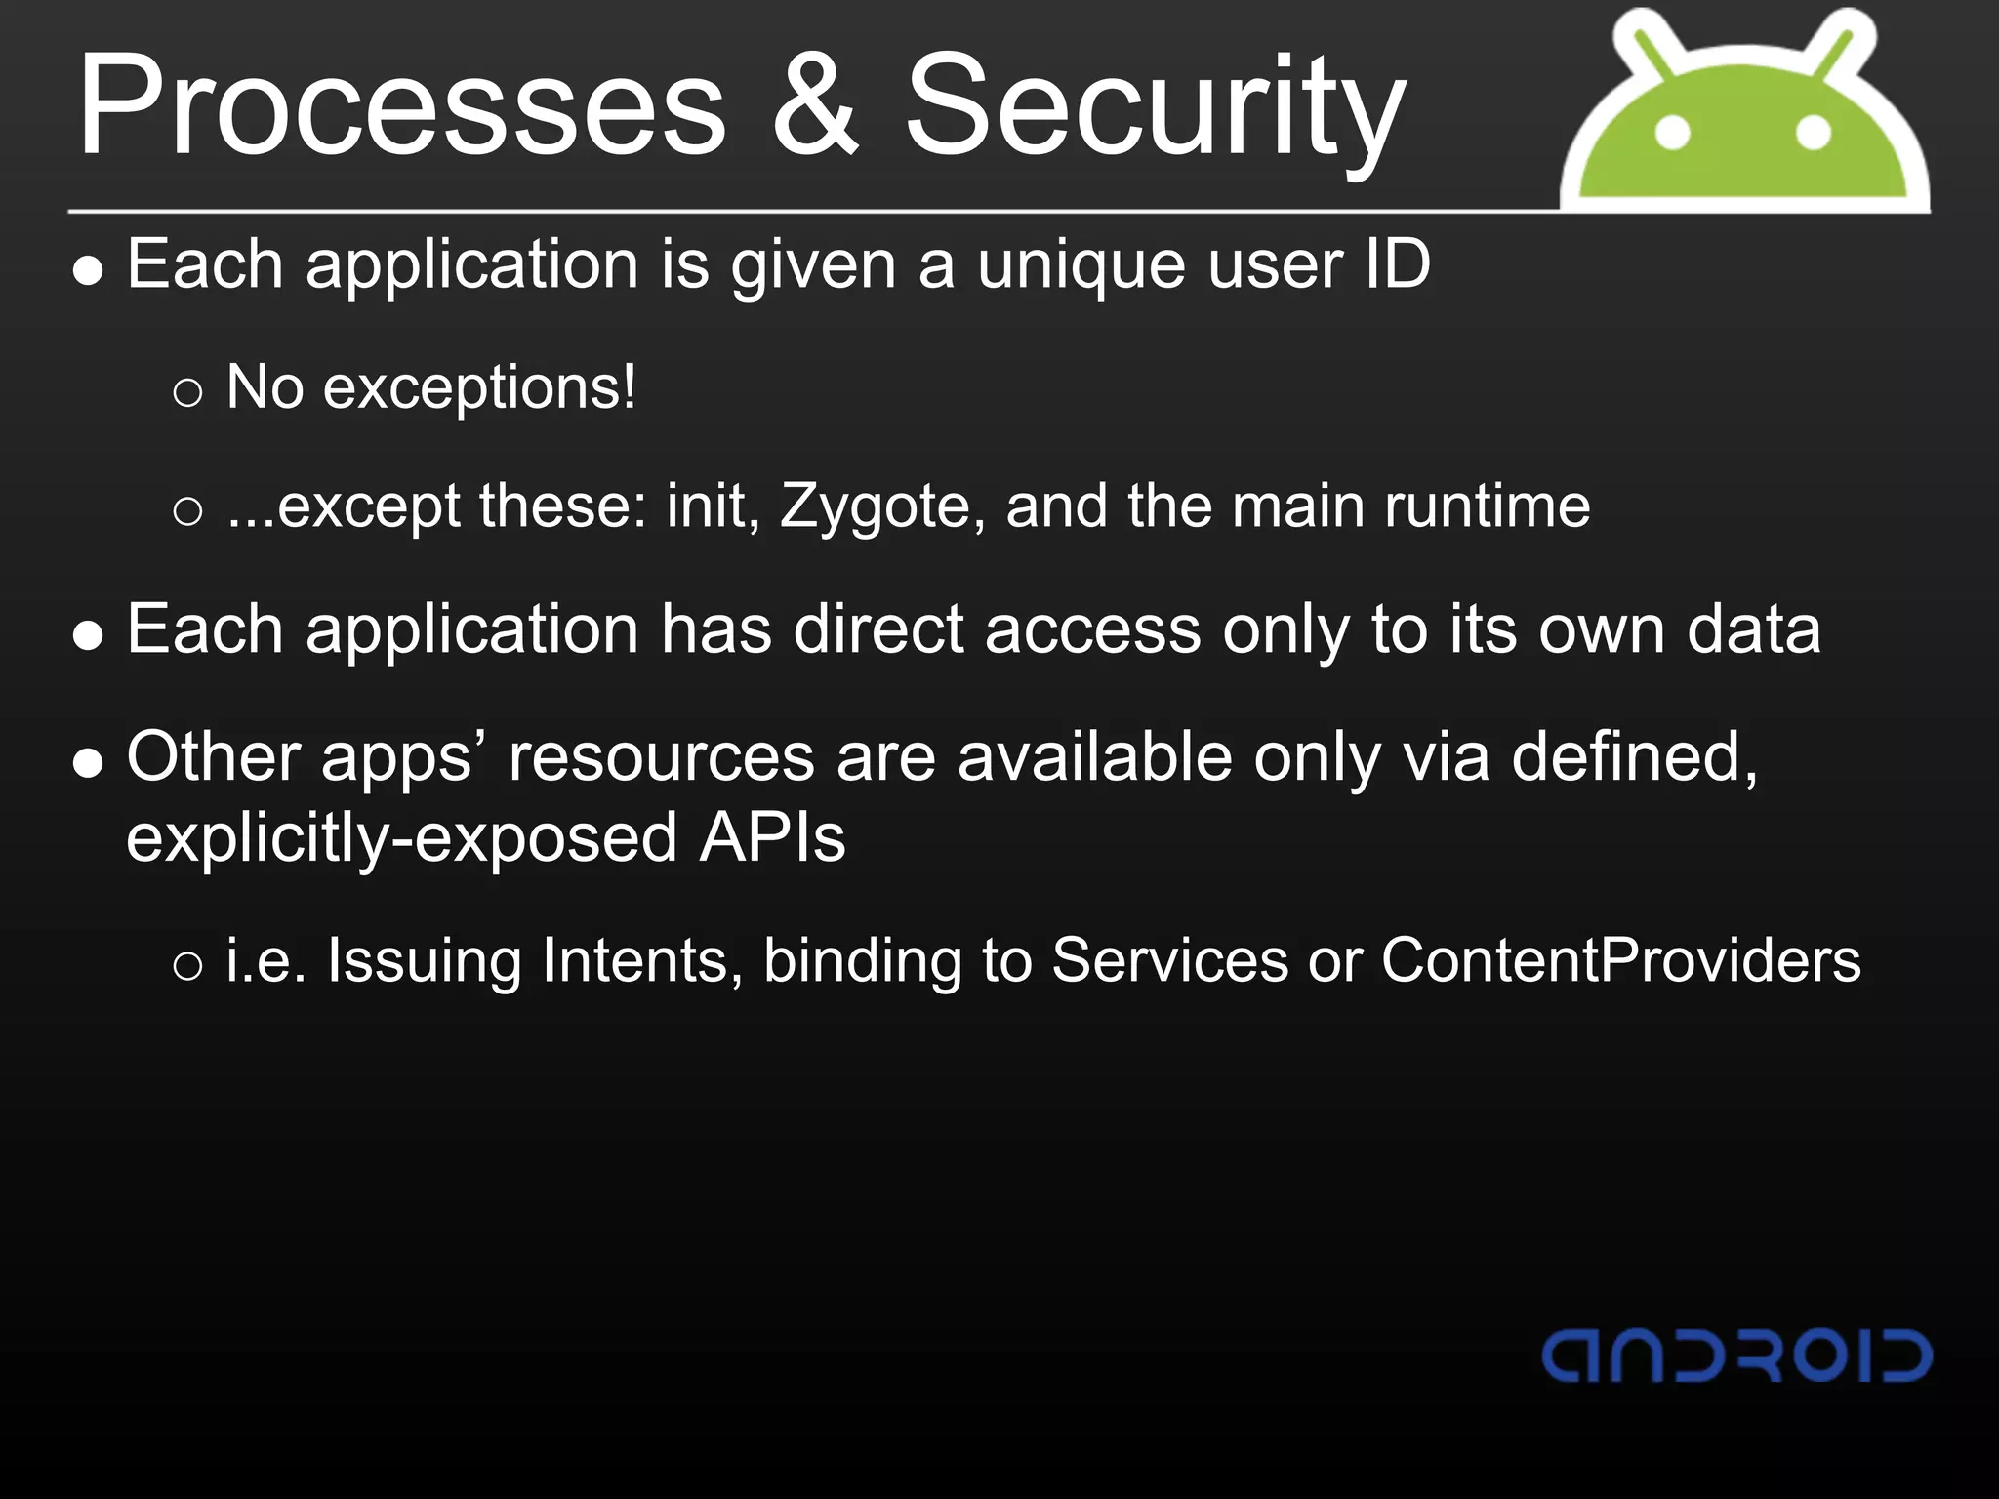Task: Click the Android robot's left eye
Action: [1673, 133]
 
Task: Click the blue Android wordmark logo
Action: [1736, 1356]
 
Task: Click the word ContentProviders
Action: [1620, 960]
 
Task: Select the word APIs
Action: [772, 838]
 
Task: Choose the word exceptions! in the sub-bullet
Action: [479, 388]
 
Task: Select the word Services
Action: [1169, 960]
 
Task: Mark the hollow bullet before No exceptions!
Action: [187, 393]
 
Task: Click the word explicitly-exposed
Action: [401, 839]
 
